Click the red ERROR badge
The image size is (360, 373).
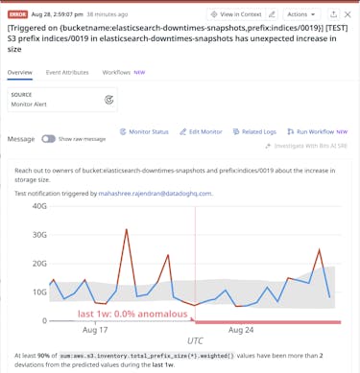(17, 14)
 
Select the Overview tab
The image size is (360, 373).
(20, 72)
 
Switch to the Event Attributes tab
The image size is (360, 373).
(67, 72)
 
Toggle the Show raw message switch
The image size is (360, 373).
(48, 139)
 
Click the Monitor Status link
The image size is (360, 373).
(143, 131)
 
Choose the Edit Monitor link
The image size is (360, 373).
(201, 131)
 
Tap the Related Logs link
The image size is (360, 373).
(253, 131)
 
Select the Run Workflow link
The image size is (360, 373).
(316, 131)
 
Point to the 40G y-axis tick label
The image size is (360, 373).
(39, 206)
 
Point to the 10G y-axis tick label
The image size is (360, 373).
(39, 292)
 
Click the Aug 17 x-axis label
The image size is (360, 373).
(96, 330)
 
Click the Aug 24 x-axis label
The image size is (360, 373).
(243, 330)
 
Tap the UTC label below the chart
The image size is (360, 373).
(195, 340)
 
